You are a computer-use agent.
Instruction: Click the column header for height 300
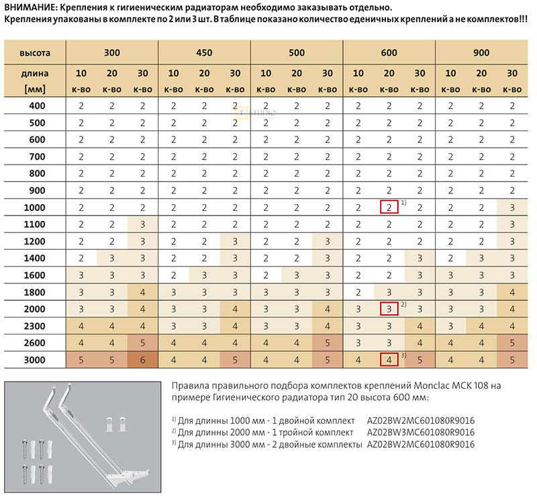111,52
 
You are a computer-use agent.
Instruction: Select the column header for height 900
481,52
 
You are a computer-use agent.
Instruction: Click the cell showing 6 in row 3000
142,360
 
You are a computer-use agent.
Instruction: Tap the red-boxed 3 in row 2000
389,309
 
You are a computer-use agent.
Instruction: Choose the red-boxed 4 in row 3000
389,360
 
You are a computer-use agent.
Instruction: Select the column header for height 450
204,52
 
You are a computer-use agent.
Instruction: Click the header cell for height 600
389,52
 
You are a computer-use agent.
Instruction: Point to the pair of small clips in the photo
114,423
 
